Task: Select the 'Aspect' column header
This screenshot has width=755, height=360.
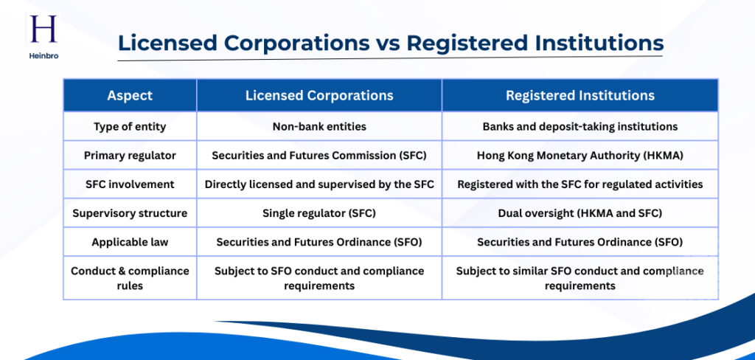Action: (130, 95)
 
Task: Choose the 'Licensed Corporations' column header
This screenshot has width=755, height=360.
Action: (319, 95)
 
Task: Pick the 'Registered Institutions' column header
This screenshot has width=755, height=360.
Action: (580, 95)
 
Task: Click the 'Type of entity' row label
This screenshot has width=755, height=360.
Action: (130, 126)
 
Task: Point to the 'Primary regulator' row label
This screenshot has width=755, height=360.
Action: (130, 155)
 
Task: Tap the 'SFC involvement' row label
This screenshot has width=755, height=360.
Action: (130, 184)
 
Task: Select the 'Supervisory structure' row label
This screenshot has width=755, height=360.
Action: (130, 213)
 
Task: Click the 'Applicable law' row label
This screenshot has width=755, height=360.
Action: (130, 242)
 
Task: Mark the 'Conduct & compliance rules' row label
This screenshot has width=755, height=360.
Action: (130, 278)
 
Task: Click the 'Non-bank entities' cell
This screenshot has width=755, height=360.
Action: (319, 126)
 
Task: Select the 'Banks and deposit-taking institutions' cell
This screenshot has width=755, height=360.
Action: (580, 126)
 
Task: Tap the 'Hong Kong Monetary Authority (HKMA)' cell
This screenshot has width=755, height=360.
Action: (580, 155)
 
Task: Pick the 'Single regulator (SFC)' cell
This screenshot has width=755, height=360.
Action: (319, 213)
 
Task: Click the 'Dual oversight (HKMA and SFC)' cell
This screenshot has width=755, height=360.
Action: (580, 213)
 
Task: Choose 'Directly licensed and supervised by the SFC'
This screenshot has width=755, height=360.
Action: (319, 184)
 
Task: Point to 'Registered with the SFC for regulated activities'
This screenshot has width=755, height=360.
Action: (580, 184)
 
